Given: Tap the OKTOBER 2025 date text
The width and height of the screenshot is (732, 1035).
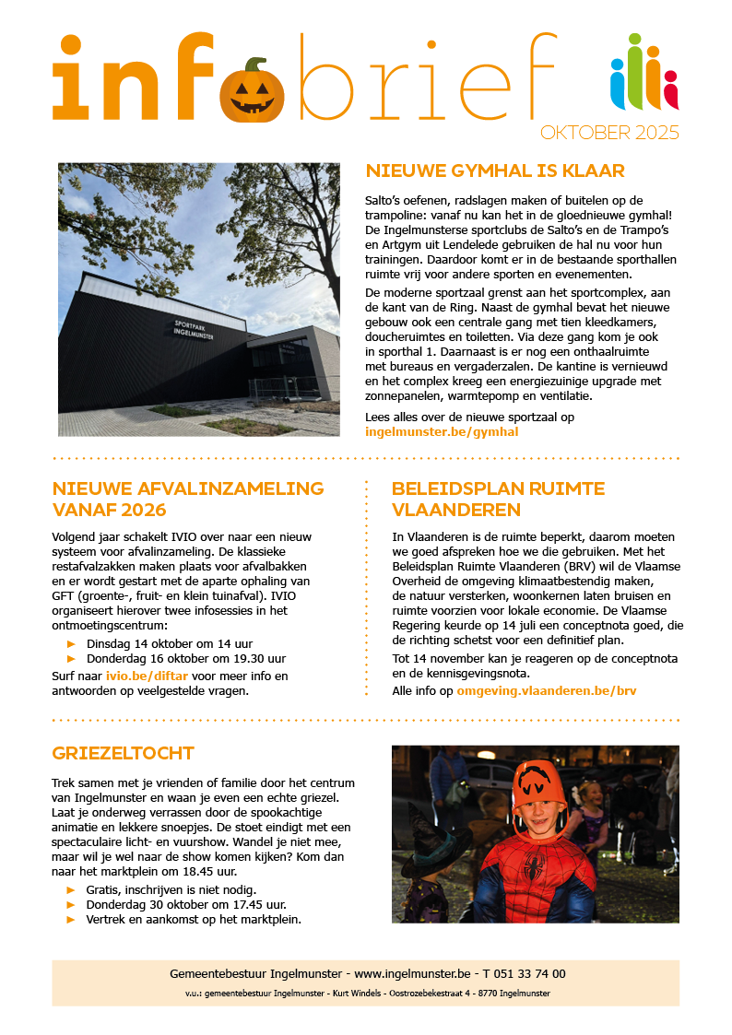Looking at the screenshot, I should [609, 133].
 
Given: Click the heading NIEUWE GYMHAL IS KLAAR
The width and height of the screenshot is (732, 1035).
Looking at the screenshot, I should [495, 171].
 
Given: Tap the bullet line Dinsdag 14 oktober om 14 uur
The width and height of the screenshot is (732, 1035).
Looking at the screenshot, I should [170, 643].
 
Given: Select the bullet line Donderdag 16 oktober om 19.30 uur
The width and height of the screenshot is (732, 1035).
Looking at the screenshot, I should [185, 659].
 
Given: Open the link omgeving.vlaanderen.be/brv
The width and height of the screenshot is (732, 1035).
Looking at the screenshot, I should [546, 689].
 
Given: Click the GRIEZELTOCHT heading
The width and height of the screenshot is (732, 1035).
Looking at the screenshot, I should [123, 753].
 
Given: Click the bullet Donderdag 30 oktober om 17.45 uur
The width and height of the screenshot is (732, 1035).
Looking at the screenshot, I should [186, 904].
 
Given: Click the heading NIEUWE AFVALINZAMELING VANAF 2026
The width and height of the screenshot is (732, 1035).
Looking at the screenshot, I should [188, 499].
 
